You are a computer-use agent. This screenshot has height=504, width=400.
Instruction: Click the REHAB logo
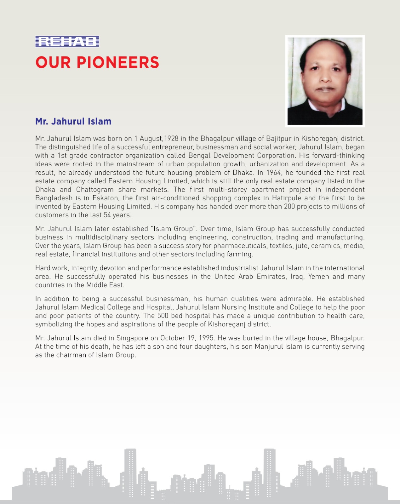click(67, 42)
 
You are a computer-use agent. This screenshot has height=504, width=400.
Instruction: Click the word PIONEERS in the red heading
click(118, 62)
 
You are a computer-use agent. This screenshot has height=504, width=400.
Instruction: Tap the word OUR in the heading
click(53, 62)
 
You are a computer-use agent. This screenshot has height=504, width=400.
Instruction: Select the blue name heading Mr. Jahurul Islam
click(73, 121)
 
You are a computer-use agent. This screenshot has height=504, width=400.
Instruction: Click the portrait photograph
click(325, 81)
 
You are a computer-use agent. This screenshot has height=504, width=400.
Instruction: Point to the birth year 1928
click(171, 139)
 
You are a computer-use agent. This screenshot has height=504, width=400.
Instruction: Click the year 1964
click(274, 173)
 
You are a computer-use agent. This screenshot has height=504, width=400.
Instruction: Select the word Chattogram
click(95, 190)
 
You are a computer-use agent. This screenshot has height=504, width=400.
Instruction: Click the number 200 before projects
click(289, 207)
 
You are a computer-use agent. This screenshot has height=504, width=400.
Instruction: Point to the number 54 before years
click(107, 215)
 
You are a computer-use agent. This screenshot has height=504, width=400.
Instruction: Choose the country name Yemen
click(318, 277)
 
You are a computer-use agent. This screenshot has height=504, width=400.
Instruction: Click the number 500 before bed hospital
click(163, 316)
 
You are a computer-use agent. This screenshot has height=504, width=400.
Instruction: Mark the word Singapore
click(132, 338)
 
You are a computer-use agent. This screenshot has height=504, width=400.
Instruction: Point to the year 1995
click(206, 338)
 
